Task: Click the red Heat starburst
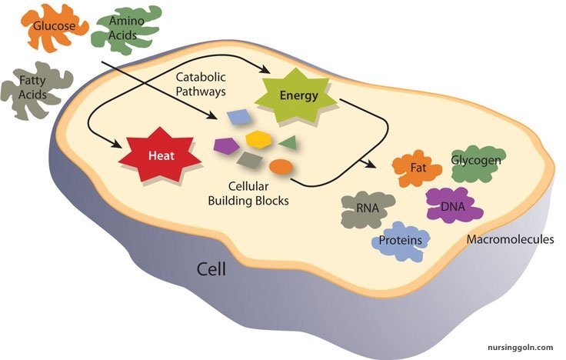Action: tap(160, 155)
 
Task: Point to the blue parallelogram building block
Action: tap(239, 117)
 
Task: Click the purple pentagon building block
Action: tap(225, 144)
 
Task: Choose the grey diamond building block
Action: tap(251, 160)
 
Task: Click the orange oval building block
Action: tap(281, 165)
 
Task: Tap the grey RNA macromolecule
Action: tap(368, 208)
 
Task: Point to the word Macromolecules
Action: tap(510, 239)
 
